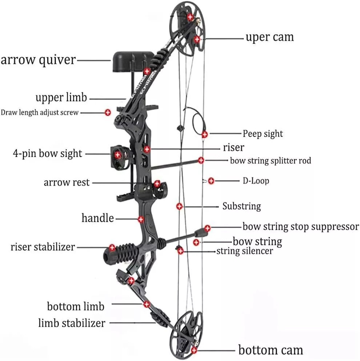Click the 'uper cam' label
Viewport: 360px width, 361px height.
point(269,37)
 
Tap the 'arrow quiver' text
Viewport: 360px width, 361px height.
point(38,60)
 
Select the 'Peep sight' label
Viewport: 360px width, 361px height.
point(263,134)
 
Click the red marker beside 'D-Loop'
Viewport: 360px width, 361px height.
point(211,181)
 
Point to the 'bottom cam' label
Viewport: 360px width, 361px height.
point(271,350)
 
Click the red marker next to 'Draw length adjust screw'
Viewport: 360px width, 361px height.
point(108,112)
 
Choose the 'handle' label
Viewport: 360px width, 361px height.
point(97,218)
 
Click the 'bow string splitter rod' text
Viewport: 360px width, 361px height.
point(271,160)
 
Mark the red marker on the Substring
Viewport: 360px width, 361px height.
point(179,206)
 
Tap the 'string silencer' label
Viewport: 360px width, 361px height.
point(245,251)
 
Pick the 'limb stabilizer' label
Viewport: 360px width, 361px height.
point(72,322)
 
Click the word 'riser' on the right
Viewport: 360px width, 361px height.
point(233,148)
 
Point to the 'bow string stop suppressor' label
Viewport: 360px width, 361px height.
point(301,226)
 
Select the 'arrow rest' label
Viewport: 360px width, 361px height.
point(67,182)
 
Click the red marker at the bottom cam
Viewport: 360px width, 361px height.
point(194,350)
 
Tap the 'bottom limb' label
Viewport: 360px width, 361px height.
point(76,306)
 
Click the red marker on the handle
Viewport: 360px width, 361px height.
point(141,219)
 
